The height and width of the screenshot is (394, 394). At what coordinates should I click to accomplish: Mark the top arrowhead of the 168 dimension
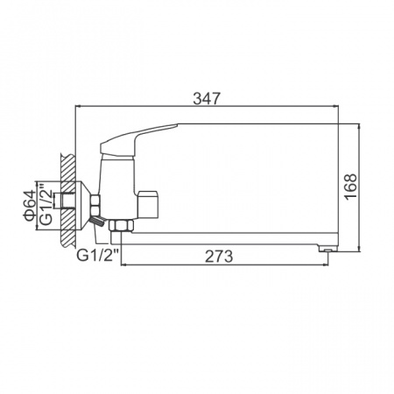360,127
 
